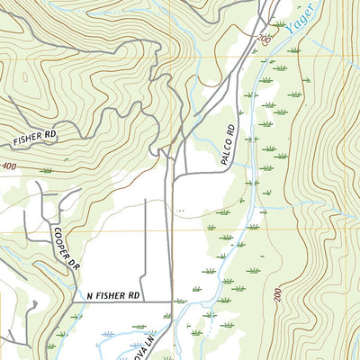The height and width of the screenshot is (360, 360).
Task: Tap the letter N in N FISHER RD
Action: (x=90, y=294)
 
